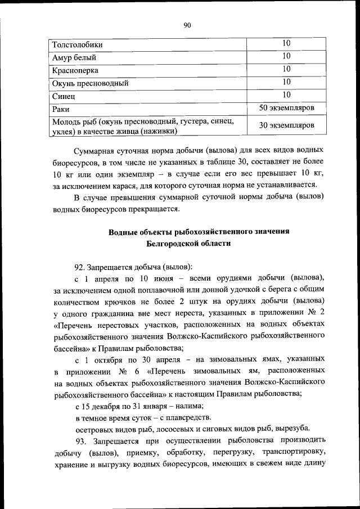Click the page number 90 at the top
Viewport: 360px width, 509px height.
tap(187, 24)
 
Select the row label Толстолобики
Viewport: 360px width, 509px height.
tap(78, 44)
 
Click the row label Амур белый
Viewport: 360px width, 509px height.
tap(74, 57)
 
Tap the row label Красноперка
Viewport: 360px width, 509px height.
tap(75, 70)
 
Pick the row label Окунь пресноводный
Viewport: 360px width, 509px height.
tap(91, 83)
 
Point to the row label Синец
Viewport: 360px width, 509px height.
tap(63, 96)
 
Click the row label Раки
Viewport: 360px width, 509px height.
tap(61, 109)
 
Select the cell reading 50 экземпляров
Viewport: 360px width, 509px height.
tap(286, 107)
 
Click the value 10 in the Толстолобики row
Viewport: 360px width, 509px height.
tap(286, 43)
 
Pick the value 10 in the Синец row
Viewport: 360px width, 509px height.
tap(286, 94)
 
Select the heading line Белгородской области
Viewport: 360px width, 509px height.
tap(187, 244)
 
